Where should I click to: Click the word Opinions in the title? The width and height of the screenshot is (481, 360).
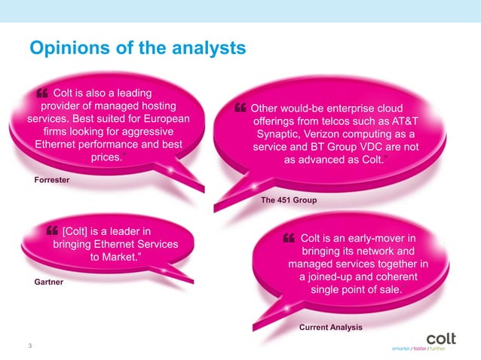pyautogui.click(x=63, y=49)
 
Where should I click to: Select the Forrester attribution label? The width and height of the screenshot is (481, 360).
pyautogui.click(x=52, y=181)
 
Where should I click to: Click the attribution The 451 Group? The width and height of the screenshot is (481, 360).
pyautogui.click(x=289, y=200)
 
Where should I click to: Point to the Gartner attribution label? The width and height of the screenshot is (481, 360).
pyautogui.click(x=48, y=282)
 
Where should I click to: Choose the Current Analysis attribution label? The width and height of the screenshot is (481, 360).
pyautogui.click(x=330, y=328)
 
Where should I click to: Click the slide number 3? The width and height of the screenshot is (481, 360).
pyautogui.click(x=29, y=346)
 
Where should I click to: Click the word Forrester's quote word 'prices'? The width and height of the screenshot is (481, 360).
pyautogui.click(x=106, y=157)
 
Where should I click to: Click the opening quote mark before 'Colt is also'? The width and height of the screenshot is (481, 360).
pyautogui.click(x=42, y=93)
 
